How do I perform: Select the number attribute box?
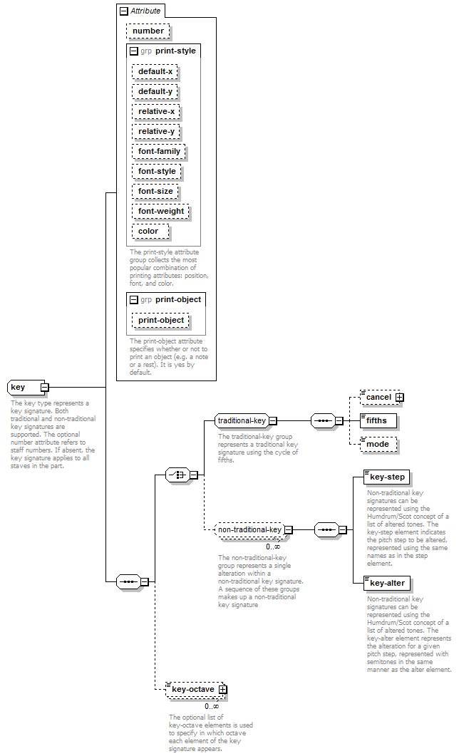point(148,31)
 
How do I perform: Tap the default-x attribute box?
point(155,71)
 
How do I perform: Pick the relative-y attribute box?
point(156,131)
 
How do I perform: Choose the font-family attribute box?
point(159,151)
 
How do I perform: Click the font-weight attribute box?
point(160,211)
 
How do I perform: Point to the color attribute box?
point(150,232)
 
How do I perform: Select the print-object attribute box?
point(160,320)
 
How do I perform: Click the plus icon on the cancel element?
point(400,398)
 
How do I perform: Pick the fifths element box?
point(378,420)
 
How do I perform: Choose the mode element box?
point(378,444)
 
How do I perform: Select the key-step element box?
point(387,477)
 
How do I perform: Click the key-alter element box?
point(387,583)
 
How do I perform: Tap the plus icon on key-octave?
point(222,690)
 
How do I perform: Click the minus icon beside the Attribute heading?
point(124,11)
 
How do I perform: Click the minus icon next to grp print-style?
point(134,51)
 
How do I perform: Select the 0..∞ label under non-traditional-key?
point(273,547)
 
